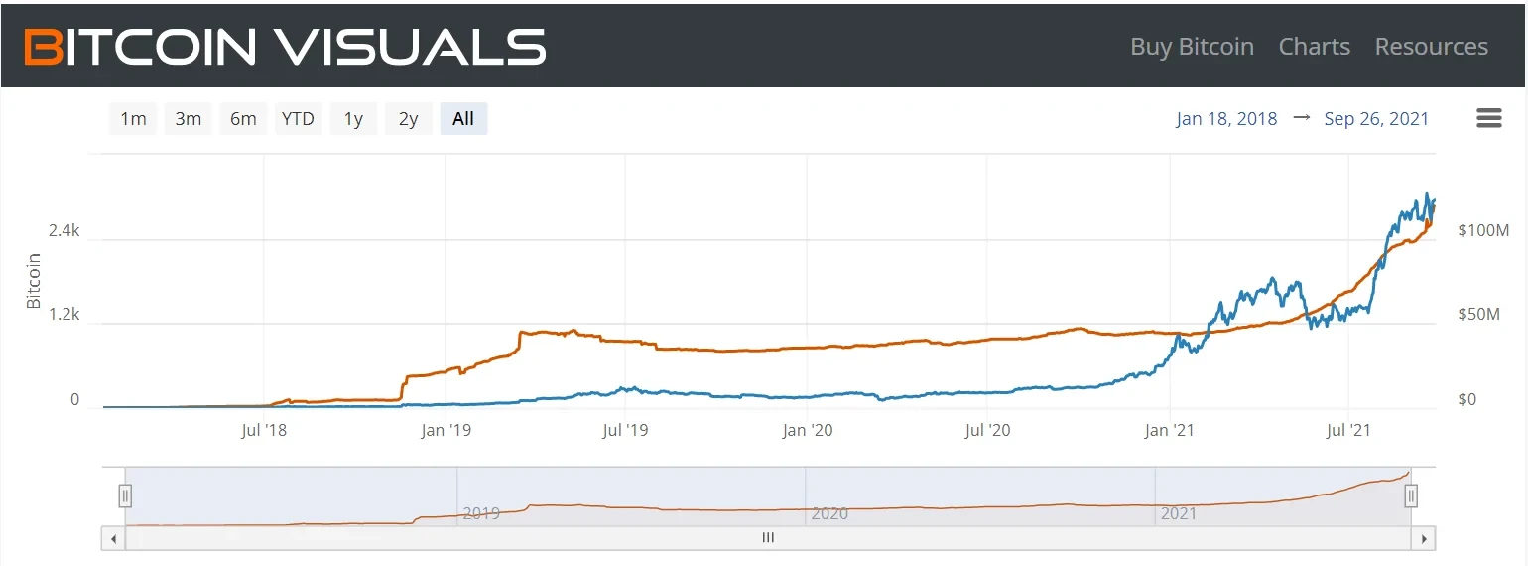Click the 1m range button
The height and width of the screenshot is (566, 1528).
133,119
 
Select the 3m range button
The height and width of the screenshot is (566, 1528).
189,119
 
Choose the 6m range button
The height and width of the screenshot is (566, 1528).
243,119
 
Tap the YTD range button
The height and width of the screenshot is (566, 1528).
298,119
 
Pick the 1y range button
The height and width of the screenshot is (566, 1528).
353,119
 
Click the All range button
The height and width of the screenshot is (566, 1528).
463,119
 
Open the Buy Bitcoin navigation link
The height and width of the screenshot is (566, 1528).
1192,47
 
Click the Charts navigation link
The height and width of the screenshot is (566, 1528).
1314,47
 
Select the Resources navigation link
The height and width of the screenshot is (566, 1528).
1431,47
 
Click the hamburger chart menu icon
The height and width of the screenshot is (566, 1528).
1489,119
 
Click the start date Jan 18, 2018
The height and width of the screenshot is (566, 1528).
1226,119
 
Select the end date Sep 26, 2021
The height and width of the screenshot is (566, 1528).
1376,119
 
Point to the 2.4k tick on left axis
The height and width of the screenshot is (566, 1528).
64,231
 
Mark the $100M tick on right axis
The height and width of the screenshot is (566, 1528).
1483,231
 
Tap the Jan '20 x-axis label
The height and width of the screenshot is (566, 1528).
807,431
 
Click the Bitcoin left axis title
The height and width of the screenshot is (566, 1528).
34,281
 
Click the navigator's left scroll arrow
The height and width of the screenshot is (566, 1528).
113,538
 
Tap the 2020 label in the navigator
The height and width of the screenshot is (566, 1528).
829,514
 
